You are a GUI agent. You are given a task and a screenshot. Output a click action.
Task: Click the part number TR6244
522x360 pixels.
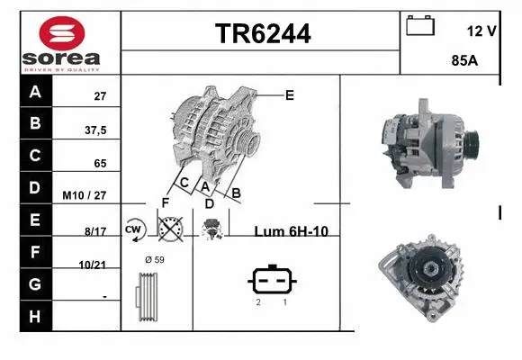point(263,34)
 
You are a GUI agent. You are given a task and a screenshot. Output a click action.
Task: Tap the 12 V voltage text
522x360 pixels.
point(481,31)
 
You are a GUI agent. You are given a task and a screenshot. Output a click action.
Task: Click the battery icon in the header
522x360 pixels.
point(420,26)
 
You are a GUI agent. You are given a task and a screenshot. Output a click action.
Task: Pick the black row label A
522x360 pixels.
point(35,92)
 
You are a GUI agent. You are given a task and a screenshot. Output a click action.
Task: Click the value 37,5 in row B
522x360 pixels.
point(95,130)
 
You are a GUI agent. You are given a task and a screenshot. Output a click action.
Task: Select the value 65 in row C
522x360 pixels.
point(100,164)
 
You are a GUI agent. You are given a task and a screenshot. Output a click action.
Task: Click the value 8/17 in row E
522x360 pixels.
point(95,231)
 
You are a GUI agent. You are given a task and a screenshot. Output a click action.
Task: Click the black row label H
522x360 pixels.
point(35,316)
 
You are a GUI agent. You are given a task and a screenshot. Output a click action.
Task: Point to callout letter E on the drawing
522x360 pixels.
point(289,94)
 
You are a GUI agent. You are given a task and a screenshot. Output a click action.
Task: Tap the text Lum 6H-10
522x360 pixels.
point(291,230)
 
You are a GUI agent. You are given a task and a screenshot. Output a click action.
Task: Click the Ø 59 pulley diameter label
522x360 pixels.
point(154,260)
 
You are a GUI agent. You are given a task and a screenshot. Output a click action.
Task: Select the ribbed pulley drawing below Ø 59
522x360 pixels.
point(147,297)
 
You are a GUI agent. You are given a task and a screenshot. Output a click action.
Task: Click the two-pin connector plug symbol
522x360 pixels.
point(270,280)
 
